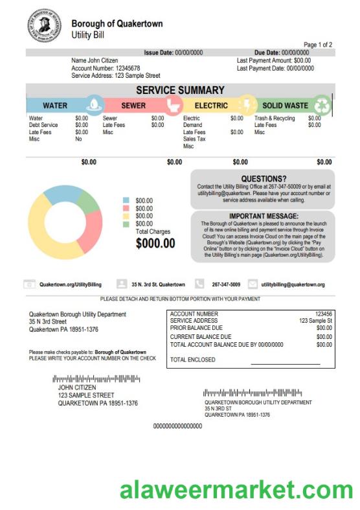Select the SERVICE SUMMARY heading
pos(180,90)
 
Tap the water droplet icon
pos(95,104)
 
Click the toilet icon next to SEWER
pos(172,104)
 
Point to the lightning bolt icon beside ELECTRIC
pos(247,104)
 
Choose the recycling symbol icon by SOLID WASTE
pos(322,104)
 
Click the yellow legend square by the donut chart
pos(126,216)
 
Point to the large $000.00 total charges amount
pos(155,244)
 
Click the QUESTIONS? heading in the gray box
pos(263,178)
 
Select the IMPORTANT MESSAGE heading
pos(264,216)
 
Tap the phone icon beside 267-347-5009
pos(199,284)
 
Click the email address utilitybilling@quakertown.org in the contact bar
pos(293,284)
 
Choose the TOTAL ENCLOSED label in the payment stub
pos(192,360)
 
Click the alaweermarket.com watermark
pos(236,490)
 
